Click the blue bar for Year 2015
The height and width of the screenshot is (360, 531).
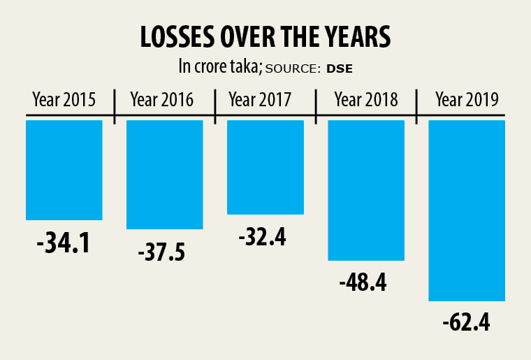pos(64,170)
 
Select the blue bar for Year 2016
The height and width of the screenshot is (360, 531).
pos(165,175)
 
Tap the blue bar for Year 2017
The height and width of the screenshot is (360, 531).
pos(265,167)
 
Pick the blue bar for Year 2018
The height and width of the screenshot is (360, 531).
pos(366,190)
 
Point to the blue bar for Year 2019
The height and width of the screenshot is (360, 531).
pos(467,210)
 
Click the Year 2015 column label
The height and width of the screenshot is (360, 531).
pos(64,99)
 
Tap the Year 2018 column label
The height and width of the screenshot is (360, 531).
pos(366,99)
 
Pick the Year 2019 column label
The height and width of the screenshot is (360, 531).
pos(467,99)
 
